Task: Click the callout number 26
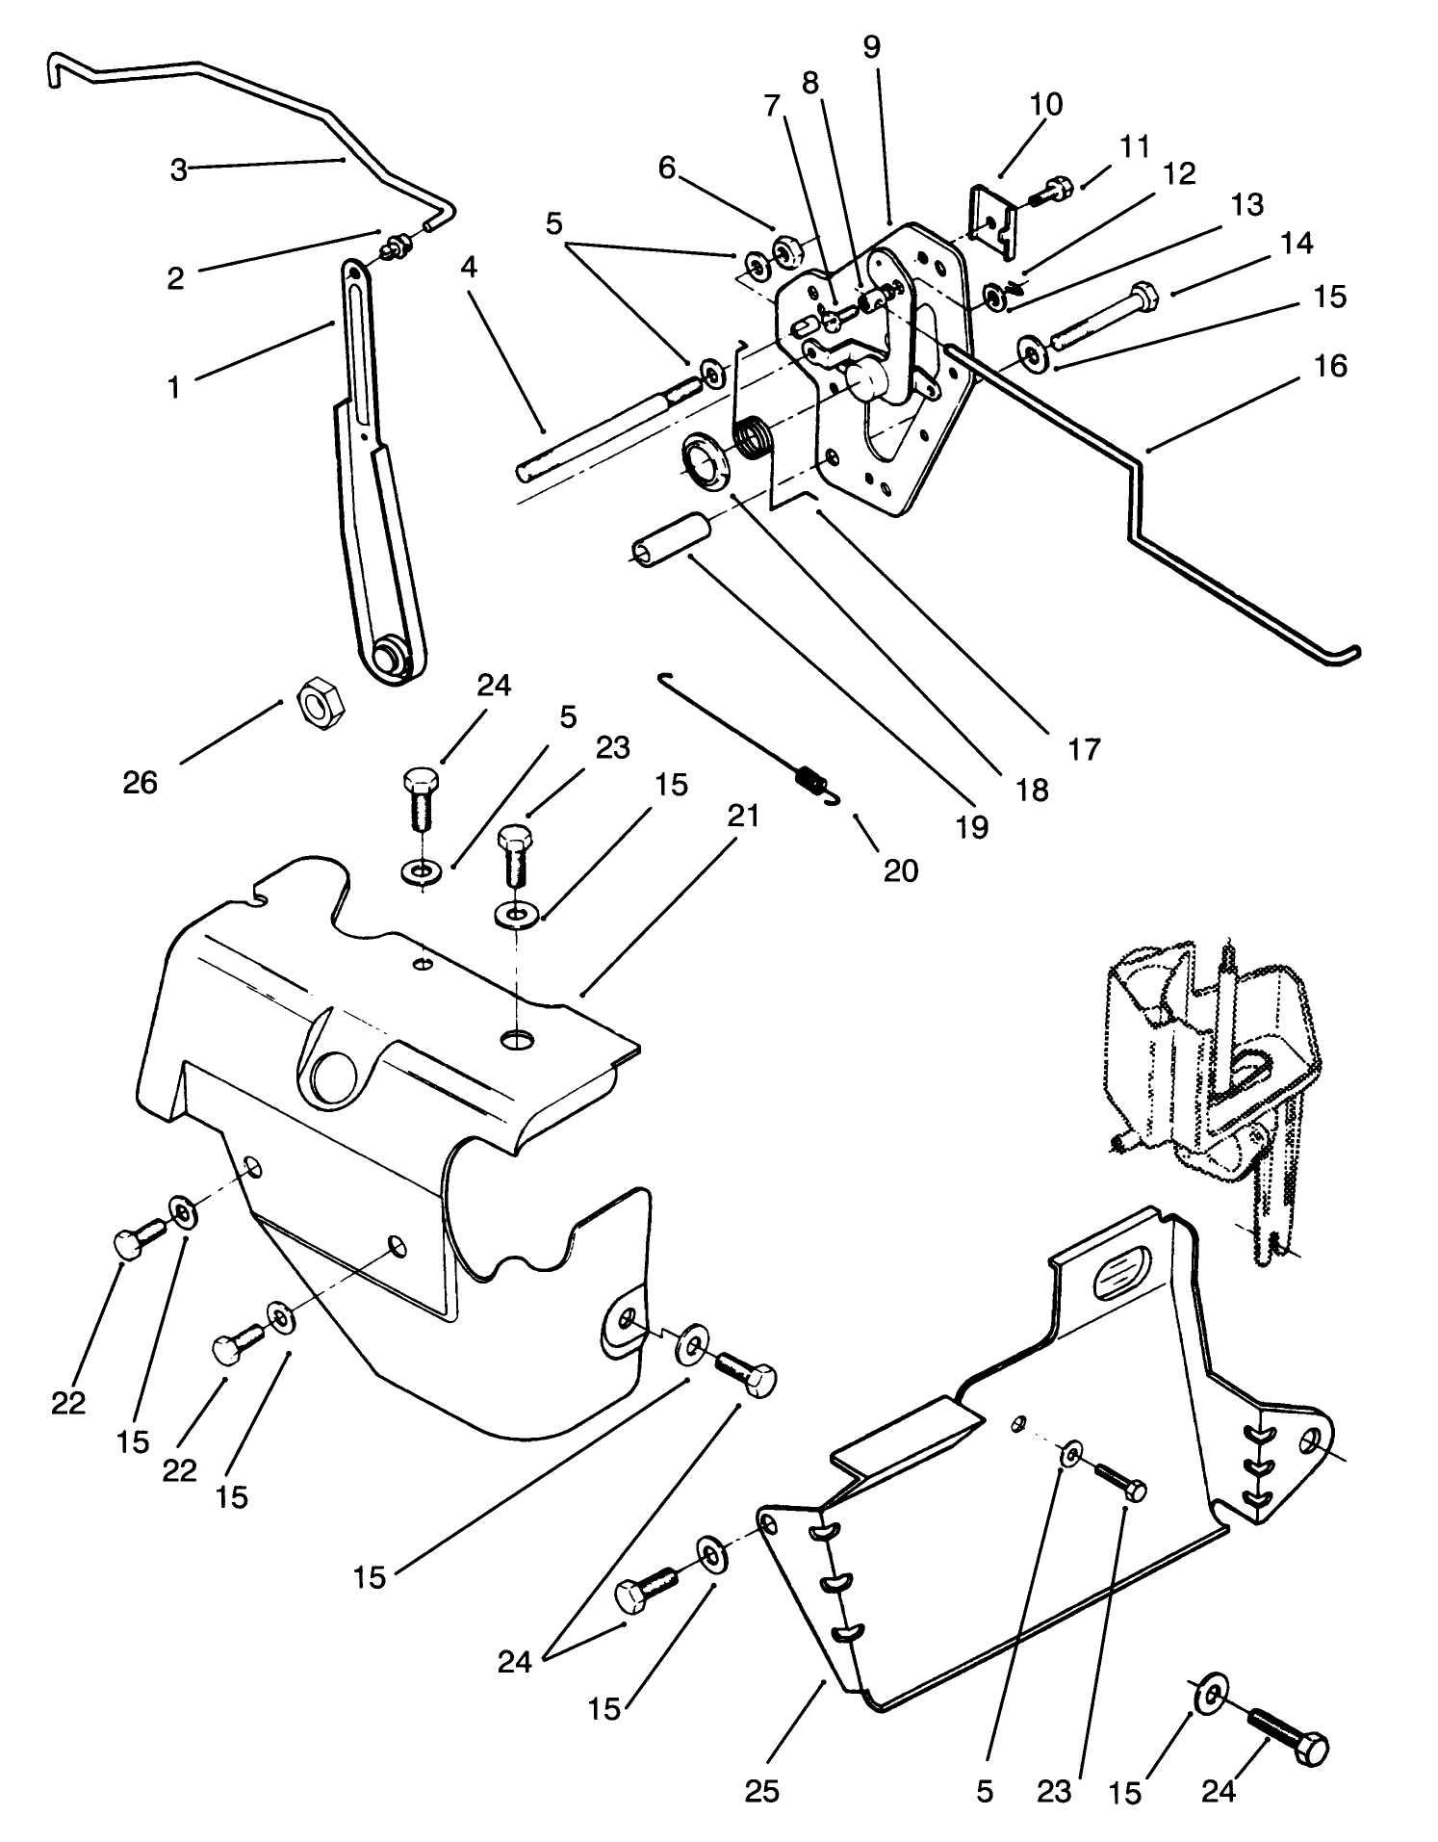(x=140, y=782)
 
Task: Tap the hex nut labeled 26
(x=315, y=698)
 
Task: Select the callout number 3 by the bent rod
(x=179, y=169)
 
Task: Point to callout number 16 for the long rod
(x=1330, y=367)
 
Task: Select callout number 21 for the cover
(x=743, y=817)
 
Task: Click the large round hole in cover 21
(x=334, y=1076)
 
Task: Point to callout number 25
(x=761, y=1789)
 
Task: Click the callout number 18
(x=1032, y=790)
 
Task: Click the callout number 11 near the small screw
(x=1135, y=147)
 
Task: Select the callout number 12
(x=1179, y=174)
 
